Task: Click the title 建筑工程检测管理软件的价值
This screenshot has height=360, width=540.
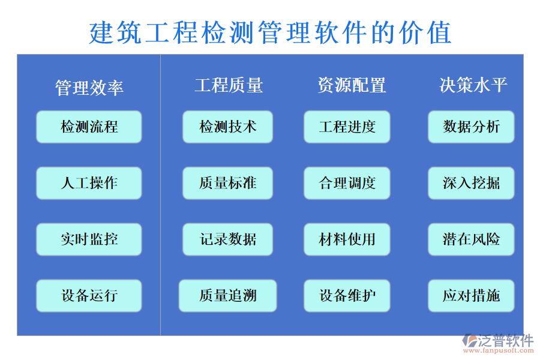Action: [x=270, y=32]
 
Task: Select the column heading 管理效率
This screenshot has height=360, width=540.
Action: [x=89, y=88]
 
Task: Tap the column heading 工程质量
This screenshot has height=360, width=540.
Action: [x=229, y=85]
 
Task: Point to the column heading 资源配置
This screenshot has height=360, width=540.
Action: [x=352, y=85]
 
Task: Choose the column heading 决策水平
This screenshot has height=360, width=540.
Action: [x=473, y=85]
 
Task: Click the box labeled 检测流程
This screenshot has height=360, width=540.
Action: [x=89, y=127]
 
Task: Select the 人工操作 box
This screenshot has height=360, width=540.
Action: [x=89, y=183]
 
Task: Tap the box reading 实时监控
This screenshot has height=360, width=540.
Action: [x=89, y=239]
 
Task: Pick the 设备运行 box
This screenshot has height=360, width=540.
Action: [x=89, y=296]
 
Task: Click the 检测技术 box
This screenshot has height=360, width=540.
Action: [x=227, y=127]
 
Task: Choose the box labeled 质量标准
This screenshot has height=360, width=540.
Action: [x=227, y=183]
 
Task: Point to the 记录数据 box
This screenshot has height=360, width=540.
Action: [x=227, y=239]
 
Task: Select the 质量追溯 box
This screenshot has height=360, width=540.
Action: [x=227, y=296]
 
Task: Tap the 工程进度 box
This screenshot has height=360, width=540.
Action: [x=347, y=127]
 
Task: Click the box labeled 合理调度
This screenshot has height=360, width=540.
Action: [x=347, y=183]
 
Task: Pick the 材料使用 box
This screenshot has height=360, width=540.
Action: [x=347, y=239]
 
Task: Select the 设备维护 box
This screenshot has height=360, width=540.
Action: [x=347, y=296]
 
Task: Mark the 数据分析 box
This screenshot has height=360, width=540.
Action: [x=471, y=127]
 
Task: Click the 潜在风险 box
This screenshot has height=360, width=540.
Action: [x=471, y=239]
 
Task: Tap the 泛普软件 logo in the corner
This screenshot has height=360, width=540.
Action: [x=497, y=343]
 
